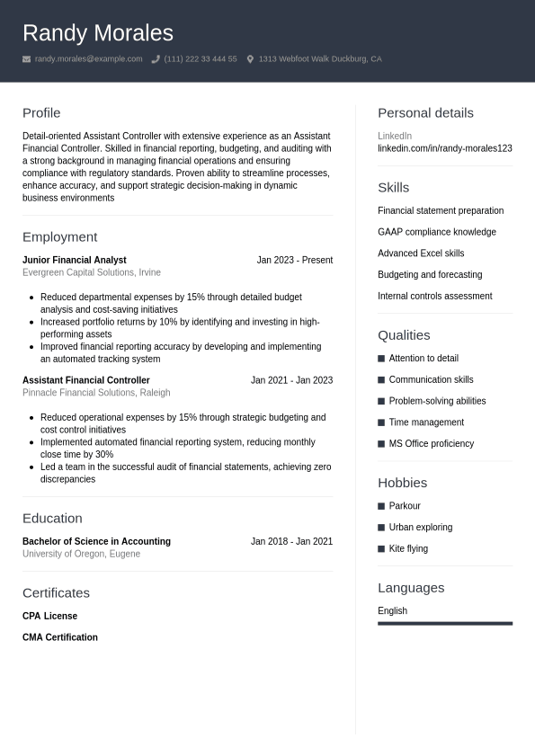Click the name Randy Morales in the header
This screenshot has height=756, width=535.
97,33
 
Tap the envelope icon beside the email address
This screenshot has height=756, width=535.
26,59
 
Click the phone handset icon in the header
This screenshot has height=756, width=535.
156,59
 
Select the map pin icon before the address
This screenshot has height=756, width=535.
250,59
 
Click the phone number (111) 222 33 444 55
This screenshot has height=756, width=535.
201,59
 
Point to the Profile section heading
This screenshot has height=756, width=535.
41,113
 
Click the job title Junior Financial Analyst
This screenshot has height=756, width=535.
74,260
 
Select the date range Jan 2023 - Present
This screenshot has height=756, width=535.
294,260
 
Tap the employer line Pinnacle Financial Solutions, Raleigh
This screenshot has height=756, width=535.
96,393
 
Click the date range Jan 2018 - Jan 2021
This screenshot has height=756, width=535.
291,541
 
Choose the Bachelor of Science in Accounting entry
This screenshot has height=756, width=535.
96,541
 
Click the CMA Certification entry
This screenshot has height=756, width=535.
60,637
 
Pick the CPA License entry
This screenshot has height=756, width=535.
49,616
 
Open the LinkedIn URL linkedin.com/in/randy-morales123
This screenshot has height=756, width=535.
444,148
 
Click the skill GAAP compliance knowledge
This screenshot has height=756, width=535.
436,232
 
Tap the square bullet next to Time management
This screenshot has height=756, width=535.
381,422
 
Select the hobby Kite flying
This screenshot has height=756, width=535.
408,548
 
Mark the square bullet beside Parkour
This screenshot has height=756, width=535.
381,506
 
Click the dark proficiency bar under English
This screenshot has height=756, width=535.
444,623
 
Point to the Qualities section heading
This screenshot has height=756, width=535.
404,335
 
